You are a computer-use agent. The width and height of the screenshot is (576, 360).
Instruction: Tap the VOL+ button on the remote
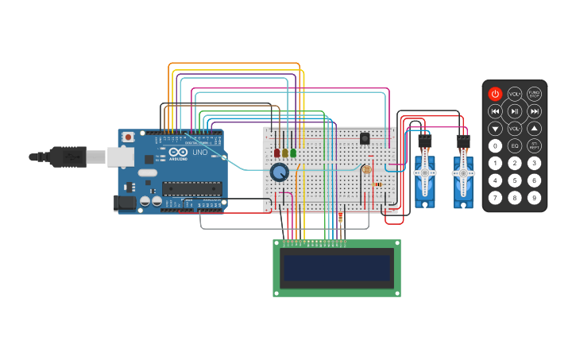click(515, 93)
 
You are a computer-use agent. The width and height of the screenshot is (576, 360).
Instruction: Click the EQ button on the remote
click(515, 146)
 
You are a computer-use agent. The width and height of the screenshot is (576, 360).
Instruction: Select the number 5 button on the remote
click(515, 180)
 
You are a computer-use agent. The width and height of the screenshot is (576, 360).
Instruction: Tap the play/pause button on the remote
click(515, 110)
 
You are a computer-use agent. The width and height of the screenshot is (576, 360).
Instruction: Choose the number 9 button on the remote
click(535, 198)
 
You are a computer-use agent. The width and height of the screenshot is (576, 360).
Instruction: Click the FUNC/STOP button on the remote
click(535, 93)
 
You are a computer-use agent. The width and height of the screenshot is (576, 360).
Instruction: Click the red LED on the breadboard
click(277, 153)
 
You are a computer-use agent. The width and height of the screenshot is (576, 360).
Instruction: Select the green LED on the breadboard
click(293, 153)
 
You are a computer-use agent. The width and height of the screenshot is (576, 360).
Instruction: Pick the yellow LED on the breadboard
click(285, 153)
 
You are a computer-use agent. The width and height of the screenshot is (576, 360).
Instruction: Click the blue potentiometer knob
click(279, 172)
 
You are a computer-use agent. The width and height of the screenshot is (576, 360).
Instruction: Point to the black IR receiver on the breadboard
click(365, 138)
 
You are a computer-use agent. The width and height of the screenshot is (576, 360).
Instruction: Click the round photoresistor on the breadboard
click(366, 169)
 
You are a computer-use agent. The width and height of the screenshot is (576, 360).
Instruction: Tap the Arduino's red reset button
click(127, 137)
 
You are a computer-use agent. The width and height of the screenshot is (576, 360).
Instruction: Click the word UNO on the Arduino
click(199, 152)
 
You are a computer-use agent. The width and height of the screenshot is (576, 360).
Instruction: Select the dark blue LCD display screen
click(338, 269)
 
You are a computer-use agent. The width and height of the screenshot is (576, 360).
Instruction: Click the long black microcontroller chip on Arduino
click(191, 188)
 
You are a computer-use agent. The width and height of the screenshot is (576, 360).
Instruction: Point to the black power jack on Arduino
click(125, 203)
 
